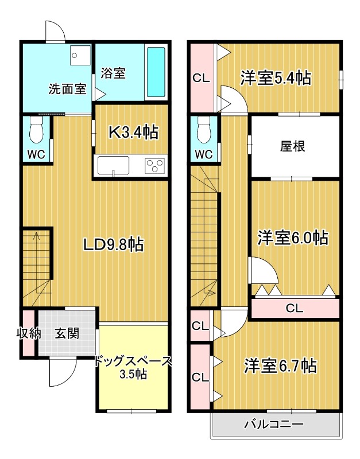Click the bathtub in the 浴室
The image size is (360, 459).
click(x=156, y=72)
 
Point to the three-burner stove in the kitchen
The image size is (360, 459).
click(x=155, y=166)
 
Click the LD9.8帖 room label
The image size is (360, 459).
click(x=113, y=245)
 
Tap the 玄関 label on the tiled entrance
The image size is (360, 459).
click(x=67, y=333)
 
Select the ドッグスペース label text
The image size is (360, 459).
click(x=133, y=361)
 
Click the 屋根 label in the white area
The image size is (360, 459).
click(x=292, y=146)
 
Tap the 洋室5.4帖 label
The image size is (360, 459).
click(x=276, y=77)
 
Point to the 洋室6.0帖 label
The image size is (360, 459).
click(x=292, y=237)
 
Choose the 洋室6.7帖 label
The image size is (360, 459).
click(x=280, y=365)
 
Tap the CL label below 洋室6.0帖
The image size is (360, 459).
click(x=294, y=309)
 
